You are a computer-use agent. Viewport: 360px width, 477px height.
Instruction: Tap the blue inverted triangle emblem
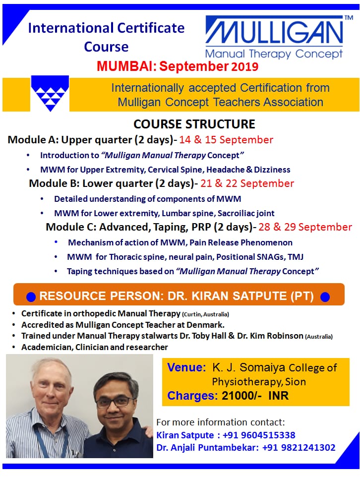click(50, 93)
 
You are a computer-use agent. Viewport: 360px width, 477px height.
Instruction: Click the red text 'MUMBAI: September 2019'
click(178, 66)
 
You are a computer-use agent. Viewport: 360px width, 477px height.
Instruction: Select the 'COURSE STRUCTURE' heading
click(194, 124)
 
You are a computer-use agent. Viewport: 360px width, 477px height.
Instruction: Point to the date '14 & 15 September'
click(226, 140)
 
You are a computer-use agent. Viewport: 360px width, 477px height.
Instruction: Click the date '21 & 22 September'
click(247, 183)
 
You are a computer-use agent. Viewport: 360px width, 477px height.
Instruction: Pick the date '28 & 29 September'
click(305, 227)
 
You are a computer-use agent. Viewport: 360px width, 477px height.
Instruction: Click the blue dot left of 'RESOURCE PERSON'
click(31, 297)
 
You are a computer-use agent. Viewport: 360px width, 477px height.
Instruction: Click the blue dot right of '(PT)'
click(325, 297)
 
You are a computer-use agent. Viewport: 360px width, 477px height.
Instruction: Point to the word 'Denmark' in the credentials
click(205, 325)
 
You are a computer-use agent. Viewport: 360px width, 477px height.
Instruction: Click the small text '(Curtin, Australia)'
click(205, 314)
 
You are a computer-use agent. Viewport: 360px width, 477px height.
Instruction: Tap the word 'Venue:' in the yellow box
click(186, 367)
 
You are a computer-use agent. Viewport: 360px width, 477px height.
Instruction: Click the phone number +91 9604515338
click(259, 435)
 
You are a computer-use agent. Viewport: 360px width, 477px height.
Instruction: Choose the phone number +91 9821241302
click(299, 448)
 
